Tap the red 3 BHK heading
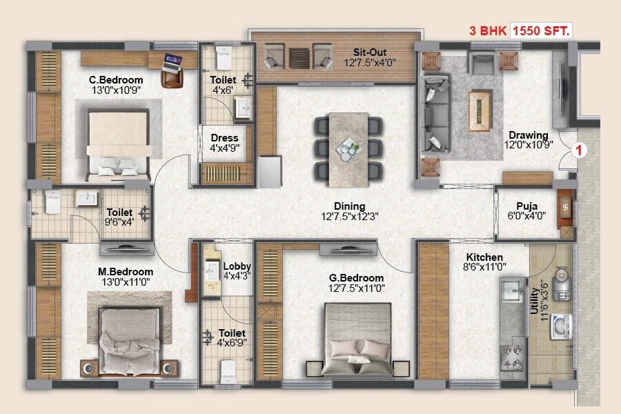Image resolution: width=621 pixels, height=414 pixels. click(489, 31)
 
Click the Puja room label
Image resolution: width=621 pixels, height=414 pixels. click(528, 205)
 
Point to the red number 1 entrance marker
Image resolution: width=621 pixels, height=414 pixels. click(581, 149)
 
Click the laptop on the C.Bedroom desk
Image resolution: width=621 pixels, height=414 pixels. click(172, 62)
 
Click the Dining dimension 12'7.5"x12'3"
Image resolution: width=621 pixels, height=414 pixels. click(351, 216)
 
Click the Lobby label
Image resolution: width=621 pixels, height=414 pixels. click(237, 266)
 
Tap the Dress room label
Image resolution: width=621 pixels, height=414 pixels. click(224, 137)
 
